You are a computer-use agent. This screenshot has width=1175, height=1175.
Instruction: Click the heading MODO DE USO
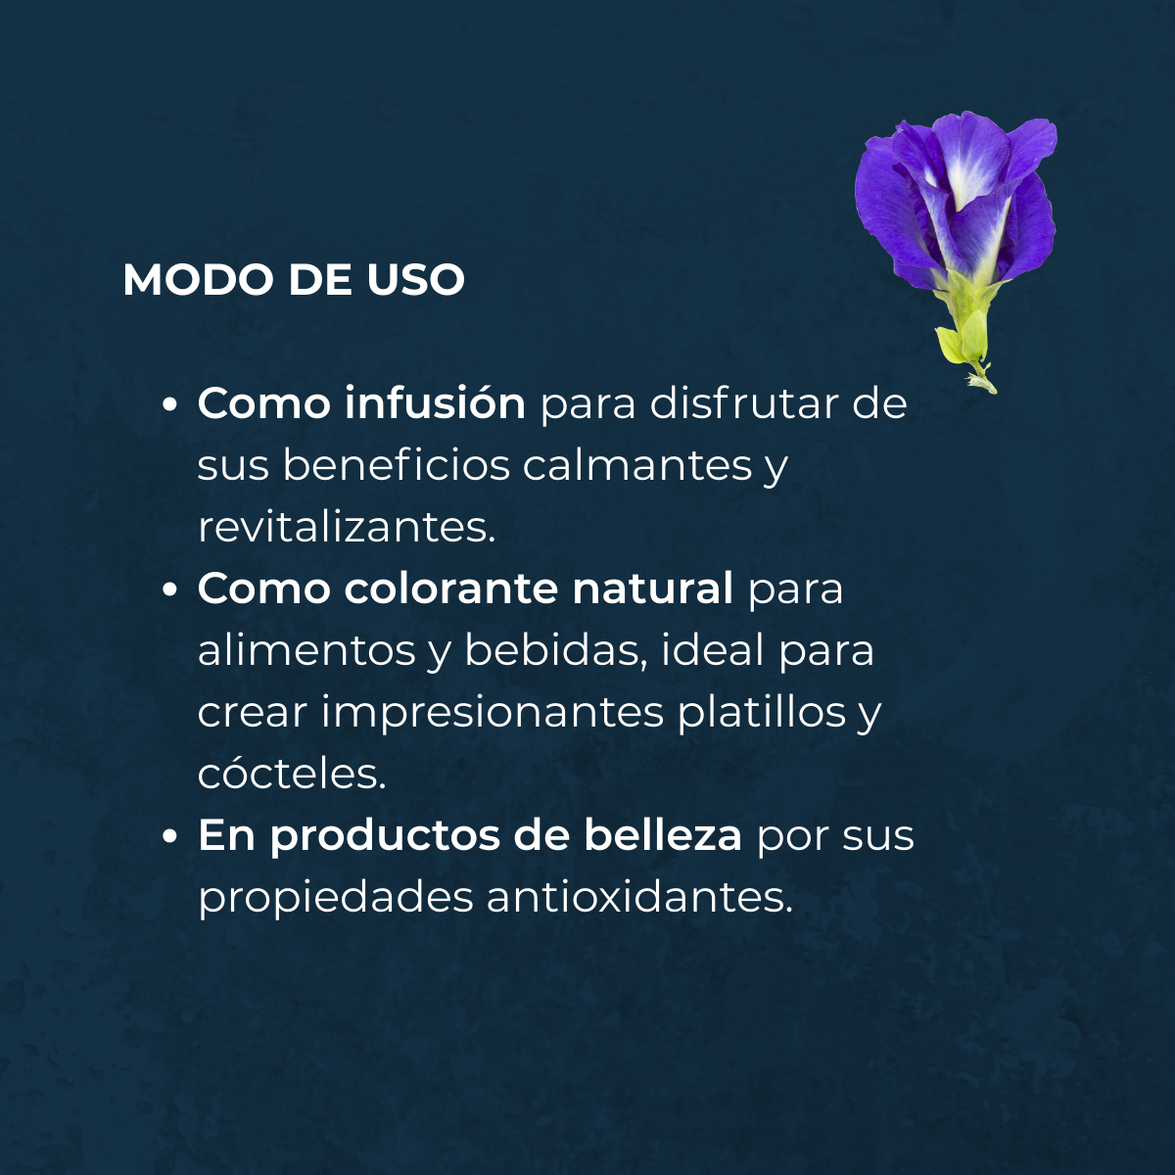(294, 280)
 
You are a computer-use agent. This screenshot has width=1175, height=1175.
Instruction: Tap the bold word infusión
(434, 403)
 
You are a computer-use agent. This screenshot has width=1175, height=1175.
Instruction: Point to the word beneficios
(396, 465)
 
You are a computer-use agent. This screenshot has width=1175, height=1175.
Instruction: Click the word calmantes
(637, 466)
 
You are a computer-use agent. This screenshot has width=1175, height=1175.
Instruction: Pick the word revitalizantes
(347, 528)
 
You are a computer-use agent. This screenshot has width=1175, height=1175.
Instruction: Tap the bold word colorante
(450, 589)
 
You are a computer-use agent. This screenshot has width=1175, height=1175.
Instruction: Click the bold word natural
(652, 589)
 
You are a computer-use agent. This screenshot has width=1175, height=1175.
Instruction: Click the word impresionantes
(492, 715)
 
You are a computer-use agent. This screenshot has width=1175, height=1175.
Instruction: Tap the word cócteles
(292, 775)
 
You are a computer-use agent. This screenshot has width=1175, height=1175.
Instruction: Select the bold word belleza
(664, 836)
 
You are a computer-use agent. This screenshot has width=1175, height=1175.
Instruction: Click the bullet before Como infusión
(170, 404)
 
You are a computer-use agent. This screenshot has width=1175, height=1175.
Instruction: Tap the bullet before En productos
(170, 838)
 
